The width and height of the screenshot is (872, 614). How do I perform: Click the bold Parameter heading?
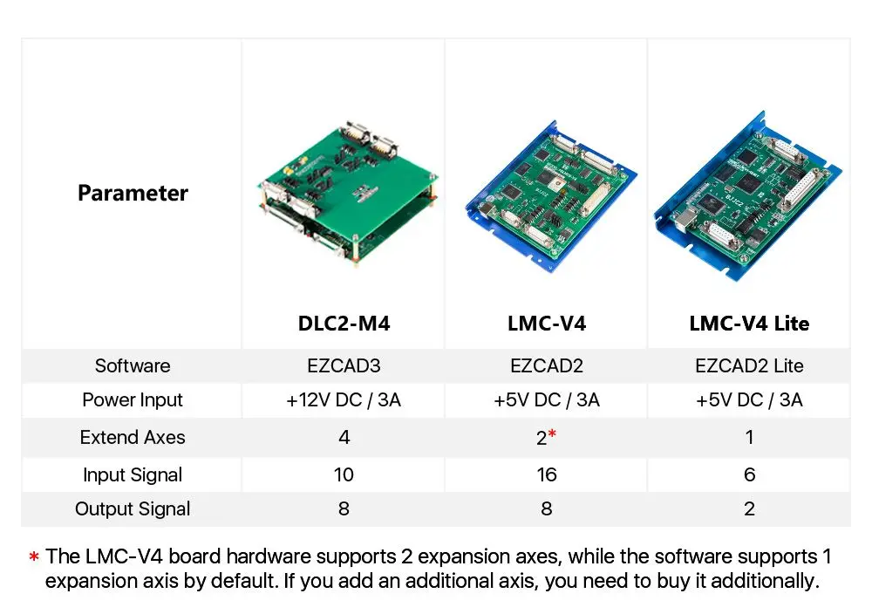point(133,193)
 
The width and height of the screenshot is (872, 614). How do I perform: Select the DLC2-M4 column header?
point(344,324)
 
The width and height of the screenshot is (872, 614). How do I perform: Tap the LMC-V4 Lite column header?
point(749,324)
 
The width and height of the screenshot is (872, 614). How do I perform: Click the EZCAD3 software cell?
point(344,365)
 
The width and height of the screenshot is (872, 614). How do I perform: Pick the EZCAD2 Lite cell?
point(749,365)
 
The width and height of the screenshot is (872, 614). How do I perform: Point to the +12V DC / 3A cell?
point(344,400)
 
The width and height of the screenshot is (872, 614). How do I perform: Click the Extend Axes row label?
point(133,438)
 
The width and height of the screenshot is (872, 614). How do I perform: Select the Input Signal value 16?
point(546,475)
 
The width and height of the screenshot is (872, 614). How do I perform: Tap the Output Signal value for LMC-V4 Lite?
point(749,509)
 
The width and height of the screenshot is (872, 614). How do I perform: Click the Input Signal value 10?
point(344,475)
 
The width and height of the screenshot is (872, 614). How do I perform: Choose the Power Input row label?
point(133,400)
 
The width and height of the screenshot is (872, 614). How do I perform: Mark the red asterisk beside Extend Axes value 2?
point(553,434)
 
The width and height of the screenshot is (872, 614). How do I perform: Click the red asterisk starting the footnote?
point(34,556)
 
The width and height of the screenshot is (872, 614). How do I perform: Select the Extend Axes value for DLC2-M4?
point(344,438)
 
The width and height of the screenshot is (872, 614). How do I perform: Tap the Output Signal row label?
point(133,509)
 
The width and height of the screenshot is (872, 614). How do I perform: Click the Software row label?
point(133,365)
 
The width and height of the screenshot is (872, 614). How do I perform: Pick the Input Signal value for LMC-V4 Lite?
point(749,475)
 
